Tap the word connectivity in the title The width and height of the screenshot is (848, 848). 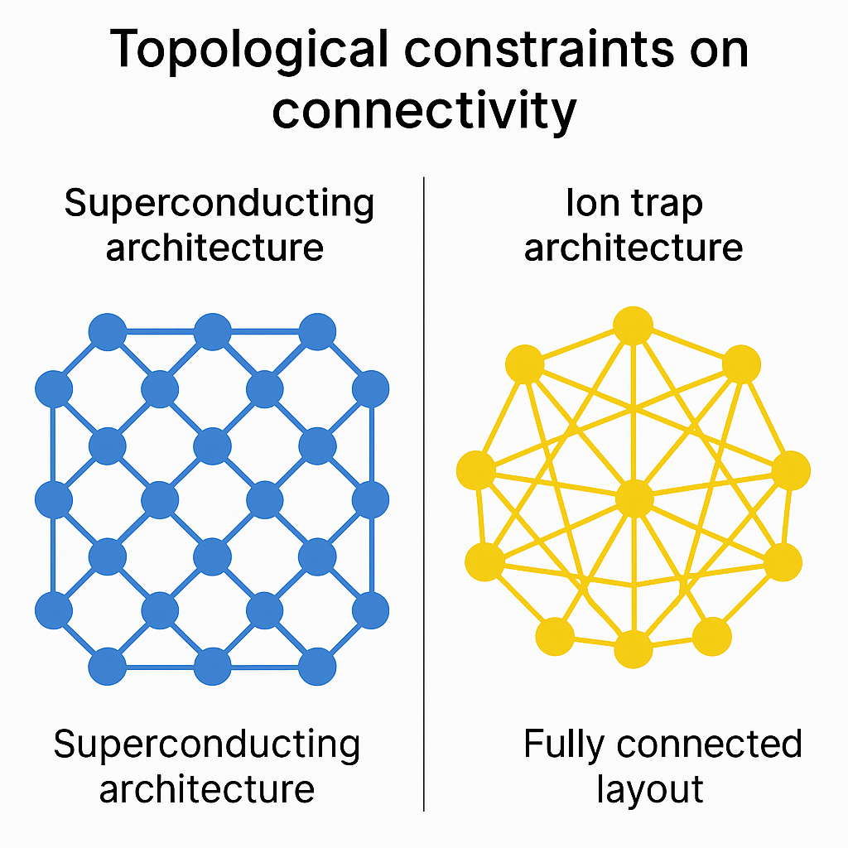point(424,112)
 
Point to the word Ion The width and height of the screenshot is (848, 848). point(585,204)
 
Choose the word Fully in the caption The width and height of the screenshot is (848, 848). point(563,746)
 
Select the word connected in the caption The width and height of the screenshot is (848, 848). point(709,744)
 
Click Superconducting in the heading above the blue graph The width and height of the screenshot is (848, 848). point(219,205)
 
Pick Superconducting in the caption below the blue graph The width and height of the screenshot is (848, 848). point(206,746)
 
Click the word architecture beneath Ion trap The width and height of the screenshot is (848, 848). point(634,248)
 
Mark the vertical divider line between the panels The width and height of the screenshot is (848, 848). point(424,494)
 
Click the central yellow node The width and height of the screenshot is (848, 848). point(634,499)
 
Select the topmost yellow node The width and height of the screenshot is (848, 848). point(633,325)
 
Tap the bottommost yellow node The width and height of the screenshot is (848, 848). point(634,649)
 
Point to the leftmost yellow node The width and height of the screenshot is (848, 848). point(476,470)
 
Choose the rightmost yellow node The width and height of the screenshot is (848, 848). point(791,470)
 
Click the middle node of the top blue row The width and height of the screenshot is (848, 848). point(213,331)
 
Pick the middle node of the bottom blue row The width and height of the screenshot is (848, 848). point(213,667)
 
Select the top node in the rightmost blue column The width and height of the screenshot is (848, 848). point(370,389)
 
